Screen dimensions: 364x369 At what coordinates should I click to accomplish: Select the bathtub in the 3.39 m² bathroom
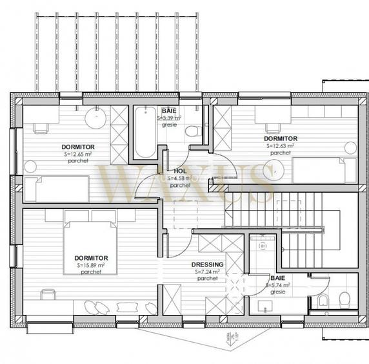click(x=145, y=136)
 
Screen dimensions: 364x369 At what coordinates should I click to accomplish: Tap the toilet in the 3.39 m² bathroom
click(x=192, y=132)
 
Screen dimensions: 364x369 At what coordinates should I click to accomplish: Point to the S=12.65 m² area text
click(x=81, y=154)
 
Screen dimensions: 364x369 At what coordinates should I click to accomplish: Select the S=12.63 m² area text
click(x=280, y=146)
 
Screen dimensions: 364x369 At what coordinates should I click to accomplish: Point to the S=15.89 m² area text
click(x=90, y=265)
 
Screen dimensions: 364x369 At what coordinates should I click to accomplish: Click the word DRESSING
click(x=208, y=264)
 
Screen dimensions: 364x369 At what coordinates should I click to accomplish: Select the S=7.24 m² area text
click(x=208, y=272)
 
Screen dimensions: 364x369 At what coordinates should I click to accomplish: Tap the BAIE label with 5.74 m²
click(x=279, y=278)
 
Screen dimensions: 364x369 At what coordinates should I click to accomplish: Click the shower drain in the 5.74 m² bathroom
click(x=263, y=246)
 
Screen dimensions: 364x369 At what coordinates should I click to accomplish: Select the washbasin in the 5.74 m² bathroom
click(x=264, y=305)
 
